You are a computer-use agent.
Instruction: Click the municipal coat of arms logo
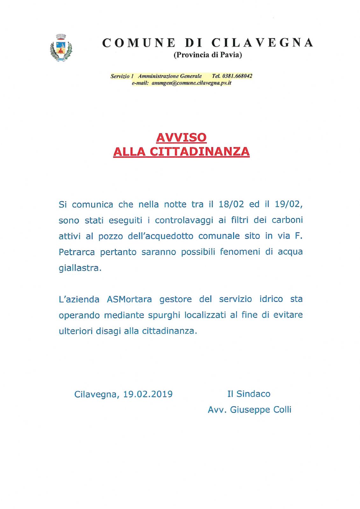[61, 48]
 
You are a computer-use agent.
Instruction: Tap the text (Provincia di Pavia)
[208, 55]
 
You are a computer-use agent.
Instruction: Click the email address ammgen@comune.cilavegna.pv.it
[191, 83]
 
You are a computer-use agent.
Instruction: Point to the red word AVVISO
[181, 137]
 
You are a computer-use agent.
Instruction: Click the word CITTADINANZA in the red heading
[200, 152]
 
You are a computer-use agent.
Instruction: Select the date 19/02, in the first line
[288, 204]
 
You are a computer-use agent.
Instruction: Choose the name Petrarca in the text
[77, 252]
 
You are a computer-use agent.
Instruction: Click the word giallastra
[80, 268]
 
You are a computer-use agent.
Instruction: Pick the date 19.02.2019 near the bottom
[148, 394]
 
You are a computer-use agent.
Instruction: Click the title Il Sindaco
[249, 394]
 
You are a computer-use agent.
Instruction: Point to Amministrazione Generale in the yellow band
[170, 76]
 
